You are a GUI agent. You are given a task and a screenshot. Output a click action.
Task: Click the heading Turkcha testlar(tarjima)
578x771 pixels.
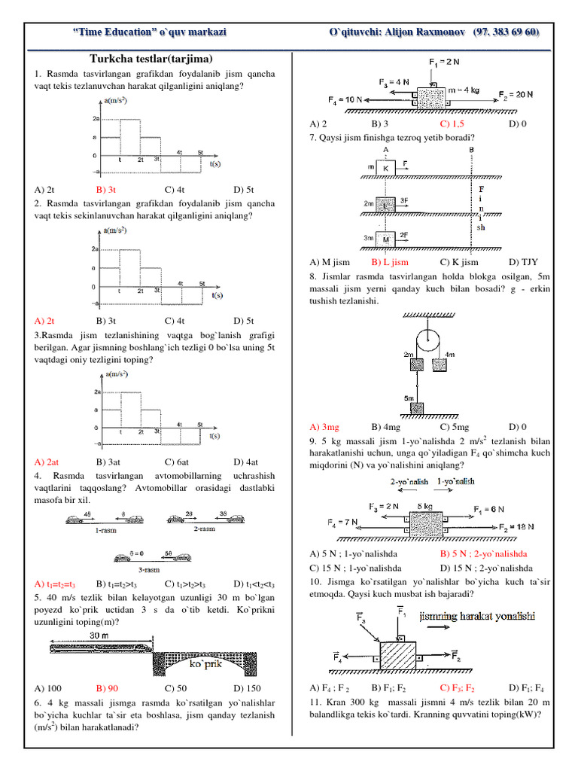coord(151,59)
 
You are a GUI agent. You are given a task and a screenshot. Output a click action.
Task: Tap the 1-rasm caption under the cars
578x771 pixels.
coord(105,530)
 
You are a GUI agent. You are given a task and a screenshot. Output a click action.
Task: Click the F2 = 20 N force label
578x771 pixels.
coord(516,95)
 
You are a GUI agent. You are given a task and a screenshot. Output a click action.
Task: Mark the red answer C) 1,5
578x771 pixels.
coord(454,123)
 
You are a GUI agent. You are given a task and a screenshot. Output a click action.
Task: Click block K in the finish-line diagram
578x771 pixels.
coord(385,167)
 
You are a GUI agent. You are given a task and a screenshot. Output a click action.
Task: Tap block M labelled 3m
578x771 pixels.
coord(386,239)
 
